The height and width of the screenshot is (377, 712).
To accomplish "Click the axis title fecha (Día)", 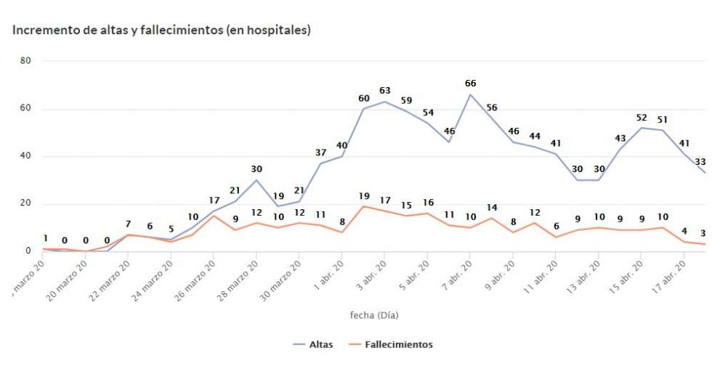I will [x=372, y=315].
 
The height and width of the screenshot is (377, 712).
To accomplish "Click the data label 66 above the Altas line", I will [x=471, y=84].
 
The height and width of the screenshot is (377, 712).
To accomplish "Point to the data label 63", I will [x=385, y=91].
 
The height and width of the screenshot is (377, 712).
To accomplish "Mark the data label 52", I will [x=642, y=117].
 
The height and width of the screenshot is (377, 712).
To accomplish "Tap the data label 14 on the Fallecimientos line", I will [x=493, y=208].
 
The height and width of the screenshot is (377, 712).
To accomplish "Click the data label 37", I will [x=321, y=153].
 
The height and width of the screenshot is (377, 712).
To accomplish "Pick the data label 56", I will [x=492, y=108].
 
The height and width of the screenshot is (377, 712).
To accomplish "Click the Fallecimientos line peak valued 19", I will [x=364, y=206].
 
